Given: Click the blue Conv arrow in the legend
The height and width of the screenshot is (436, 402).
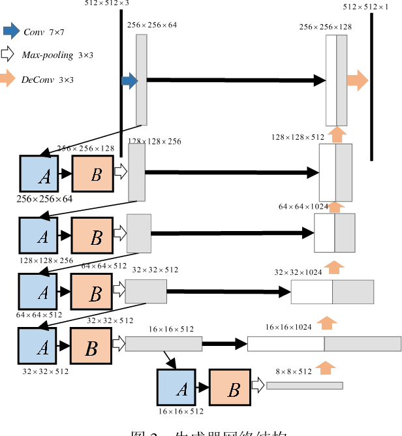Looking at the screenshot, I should coord(11,31).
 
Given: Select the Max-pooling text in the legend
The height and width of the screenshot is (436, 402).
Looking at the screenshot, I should coord(46,55).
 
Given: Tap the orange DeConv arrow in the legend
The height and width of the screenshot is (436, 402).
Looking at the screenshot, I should coord(8,79).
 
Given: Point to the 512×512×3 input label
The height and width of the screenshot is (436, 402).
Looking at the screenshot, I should coord(107,3).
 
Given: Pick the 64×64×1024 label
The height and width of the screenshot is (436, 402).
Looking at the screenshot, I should coord(303,206).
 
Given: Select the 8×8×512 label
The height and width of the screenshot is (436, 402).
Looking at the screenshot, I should coord(294,371).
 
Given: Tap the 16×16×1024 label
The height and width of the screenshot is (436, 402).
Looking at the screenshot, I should coord(290,327).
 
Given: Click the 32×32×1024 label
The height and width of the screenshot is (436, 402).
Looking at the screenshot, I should coord(298,272).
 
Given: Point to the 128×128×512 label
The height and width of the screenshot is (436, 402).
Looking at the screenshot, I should coord(298,137).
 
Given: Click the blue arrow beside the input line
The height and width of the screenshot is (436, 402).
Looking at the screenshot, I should coord(129,81).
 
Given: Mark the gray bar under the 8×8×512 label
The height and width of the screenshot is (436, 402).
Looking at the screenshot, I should coord(304,386).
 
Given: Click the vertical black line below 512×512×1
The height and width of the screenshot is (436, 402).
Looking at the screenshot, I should coord(371,85).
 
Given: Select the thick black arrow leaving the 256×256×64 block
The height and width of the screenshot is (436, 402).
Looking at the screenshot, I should coord(235,80).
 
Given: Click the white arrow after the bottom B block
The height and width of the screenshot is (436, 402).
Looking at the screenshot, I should coord(258,386).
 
